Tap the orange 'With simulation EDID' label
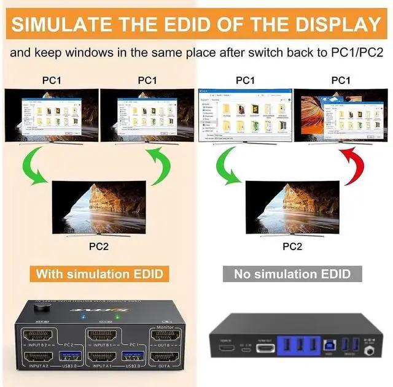(x=99, y=274)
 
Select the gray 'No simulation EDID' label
(x=293, y=274)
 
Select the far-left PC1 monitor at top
(x=48, y=115)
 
